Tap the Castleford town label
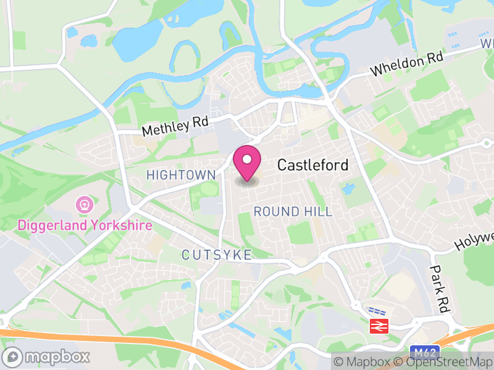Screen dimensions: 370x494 tap(312, 165)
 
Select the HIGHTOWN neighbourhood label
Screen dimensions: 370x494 tap(181, 176)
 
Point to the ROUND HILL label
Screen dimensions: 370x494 tap(293, 212)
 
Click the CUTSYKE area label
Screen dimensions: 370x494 tap(217, 255)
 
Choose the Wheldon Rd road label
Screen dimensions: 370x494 tap(407, 64)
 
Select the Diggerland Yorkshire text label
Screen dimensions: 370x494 tap(84, 225)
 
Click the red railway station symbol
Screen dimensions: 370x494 tap(376, 326)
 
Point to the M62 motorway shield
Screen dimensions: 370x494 tap(424, 353)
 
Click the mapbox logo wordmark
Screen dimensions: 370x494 tap(57, 356)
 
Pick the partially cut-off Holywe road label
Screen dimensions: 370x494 tap(475, 239)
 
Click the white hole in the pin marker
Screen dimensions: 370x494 tap(247, 160)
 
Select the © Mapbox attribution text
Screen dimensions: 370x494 tap(362, 361)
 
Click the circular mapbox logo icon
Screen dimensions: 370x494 tap(14, 356)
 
